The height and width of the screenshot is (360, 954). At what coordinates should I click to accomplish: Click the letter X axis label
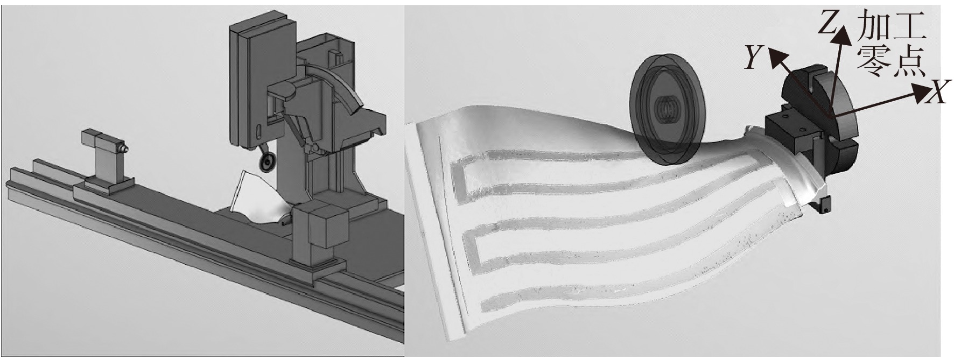point(937,94)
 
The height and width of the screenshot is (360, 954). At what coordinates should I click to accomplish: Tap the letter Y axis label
point(753,58)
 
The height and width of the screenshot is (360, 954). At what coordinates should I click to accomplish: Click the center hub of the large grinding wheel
point(666,110)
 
